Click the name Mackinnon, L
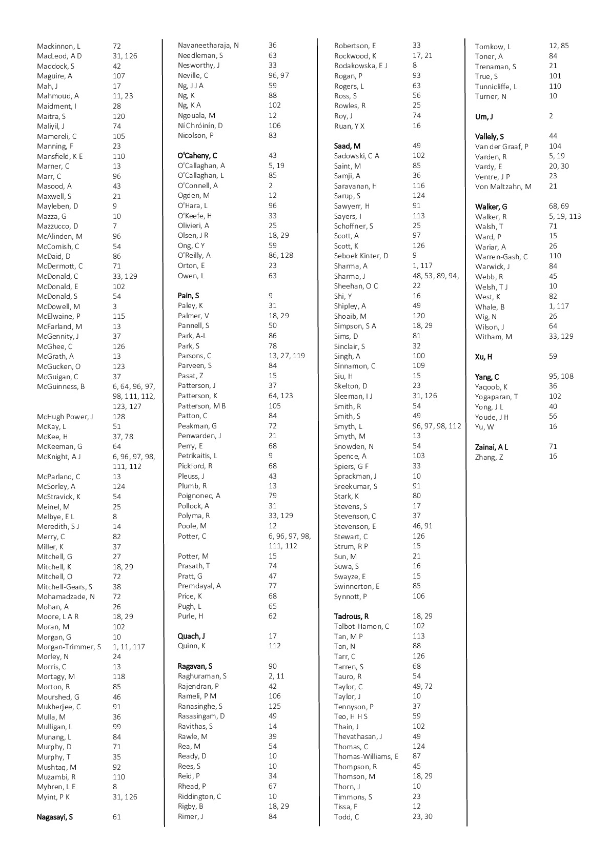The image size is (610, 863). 58,46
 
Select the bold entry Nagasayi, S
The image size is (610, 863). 54,817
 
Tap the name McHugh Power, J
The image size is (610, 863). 65,417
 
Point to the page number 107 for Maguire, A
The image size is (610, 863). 119,76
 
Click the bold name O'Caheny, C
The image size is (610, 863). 197,155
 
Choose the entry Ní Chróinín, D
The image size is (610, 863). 200,126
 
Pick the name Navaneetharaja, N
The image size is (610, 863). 208,46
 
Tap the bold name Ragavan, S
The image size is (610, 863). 195,666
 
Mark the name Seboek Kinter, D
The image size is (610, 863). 361,256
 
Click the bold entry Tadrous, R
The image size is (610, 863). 351,616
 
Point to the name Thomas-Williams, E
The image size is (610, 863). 366,756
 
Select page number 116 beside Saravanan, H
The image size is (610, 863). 419,186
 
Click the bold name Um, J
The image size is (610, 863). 484,116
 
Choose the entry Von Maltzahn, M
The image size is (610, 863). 503,187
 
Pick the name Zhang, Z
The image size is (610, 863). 489,457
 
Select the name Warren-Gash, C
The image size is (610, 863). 501,257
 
